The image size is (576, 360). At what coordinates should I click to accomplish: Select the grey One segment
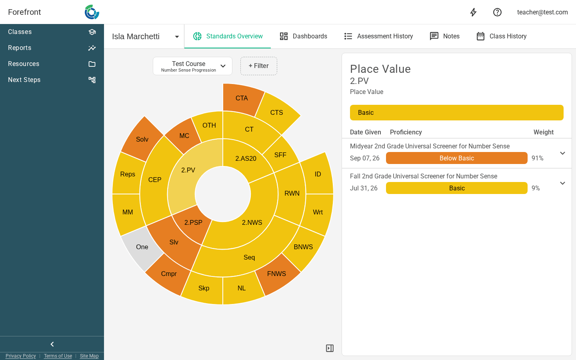click(142, 247)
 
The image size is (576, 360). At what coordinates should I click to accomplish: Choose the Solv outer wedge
click(142, 139)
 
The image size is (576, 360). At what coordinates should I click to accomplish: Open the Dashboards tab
click(304, 36)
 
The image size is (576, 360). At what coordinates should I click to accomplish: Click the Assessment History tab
click(378, 36)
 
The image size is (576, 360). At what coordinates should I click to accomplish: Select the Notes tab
click(445, 36)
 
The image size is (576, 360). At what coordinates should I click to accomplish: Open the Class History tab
click(502, 36)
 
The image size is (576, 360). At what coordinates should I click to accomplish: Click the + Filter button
click(259, 66)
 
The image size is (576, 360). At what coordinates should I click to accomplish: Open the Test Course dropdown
click(193, 66)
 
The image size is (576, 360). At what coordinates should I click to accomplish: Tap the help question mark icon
click(497, 12)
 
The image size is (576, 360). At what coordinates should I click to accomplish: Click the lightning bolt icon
click(474, 12)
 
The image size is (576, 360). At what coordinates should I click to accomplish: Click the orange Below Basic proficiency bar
click(457, 158)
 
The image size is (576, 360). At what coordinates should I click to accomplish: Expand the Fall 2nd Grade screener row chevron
click(563, 183)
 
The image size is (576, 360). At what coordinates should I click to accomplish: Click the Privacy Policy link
click(20, 356)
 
